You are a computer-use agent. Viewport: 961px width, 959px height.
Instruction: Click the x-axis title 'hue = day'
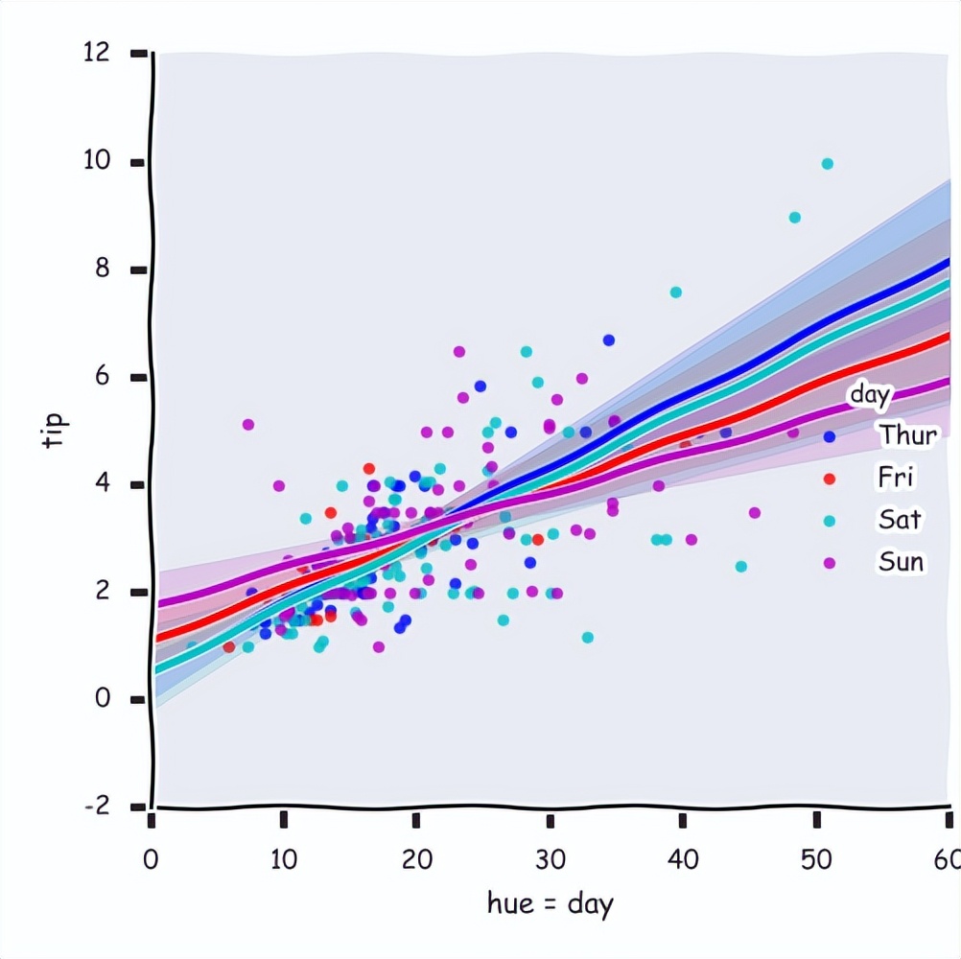(x=550, y=903)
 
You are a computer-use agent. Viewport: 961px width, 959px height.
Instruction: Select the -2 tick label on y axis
(x=97, y=807)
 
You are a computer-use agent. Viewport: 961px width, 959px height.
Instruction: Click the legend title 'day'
(x=871, y=394)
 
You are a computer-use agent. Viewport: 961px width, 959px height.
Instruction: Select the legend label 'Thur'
(x=907, y=435)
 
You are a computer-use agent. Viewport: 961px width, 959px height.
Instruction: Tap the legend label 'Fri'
(x=896, y=477)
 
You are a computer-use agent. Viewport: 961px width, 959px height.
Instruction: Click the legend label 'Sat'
(x=900, y=519)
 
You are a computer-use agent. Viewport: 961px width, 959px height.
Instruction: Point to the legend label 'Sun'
(x=902, y=561)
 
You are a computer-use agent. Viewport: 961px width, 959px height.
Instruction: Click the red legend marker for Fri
(x=831, y=478)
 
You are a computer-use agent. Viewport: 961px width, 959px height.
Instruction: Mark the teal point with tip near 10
(x=827, y=164)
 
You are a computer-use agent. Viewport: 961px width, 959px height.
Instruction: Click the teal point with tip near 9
(x=794, y=218)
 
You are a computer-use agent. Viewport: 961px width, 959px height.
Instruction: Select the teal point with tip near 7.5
(x=675, y=292)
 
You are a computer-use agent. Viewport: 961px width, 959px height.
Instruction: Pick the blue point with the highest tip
(x=608, y=340)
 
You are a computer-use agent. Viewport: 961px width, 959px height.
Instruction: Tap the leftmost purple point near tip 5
(x=248, y=424)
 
